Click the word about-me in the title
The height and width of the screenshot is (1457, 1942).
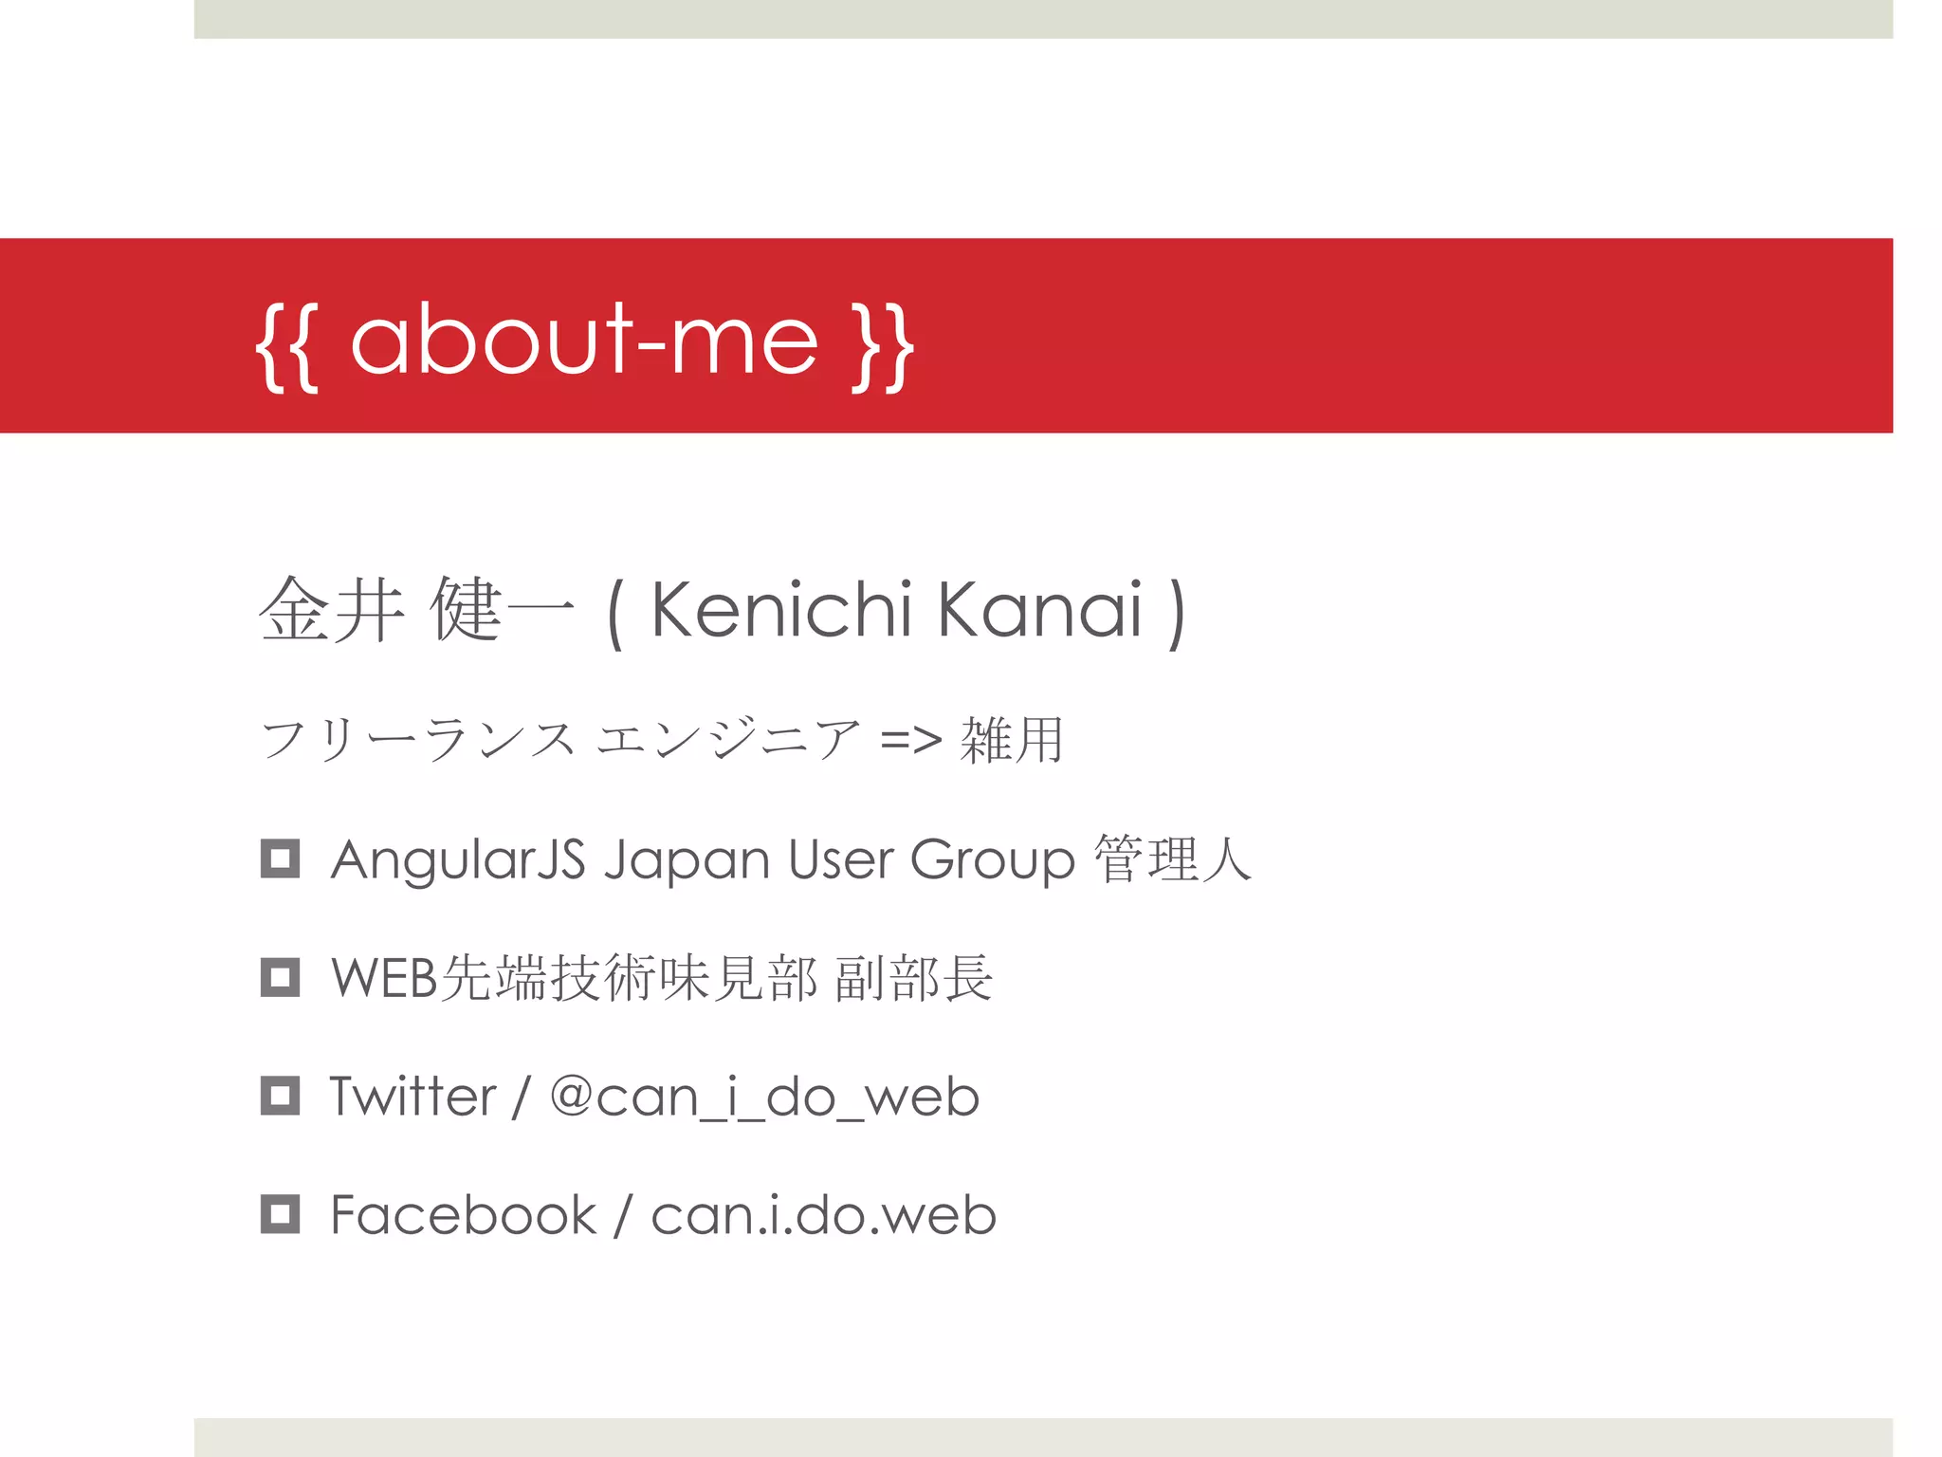tap(583, 341)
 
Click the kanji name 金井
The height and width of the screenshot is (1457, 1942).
tap(331, 610)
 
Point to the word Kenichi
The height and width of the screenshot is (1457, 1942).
tap(780, 610)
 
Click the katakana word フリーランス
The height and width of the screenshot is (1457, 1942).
tap(418, 740)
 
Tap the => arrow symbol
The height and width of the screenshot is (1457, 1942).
tap(910, 740)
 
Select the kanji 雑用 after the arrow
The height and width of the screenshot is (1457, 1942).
tap(1011, 740)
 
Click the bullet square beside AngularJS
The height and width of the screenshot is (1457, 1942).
tap(280, 858)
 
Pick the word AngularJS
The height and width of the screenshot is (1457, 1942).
tap(458, 859)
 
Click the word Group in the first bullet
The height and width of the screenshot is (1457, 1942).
tap(992, 861)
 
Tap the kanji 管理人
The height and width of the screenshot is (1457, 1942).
tap(1172, 859)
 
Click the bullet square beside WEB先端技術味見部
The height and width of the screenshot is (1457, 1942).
tap(280, 977)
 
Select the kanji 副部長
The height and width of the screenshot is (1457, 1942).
tap(913, 978)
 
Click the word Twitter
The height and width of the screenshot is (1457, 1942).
tap(412, 1097)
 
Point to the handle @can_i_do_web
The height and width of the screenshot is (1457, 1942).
tap(764, 1097)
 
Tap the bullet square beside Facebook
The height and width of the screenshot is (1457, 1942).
tap(280, 1214)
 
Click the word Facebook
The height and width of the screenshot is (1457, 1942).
tap(463, 1215)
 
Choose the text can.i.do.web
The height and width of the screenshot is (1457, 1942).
tap(823, 1215)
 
